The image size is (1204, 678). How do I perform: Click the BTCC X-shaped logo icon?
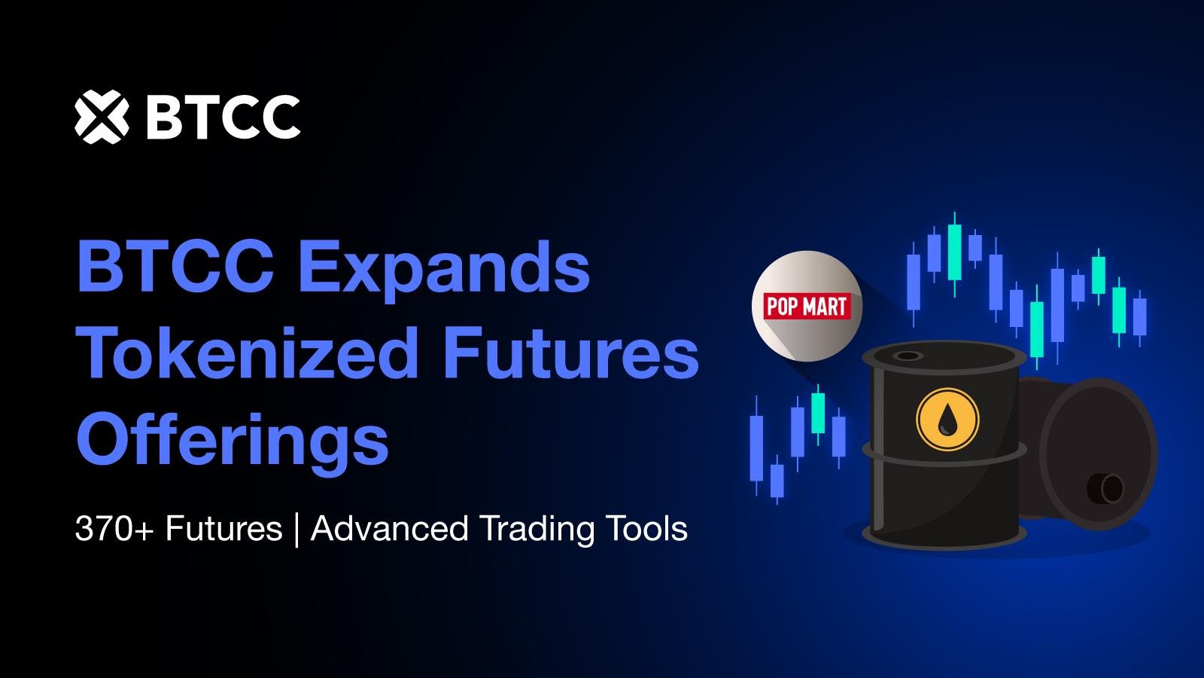(x=102, y=117)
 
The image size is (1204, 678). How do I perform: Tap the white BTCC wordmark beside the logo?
(x=223, y=118)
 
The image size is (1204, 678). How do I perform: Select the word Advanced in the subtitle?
(x=390, y=528)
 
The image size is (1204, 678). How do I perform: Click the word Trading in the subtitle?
(x=537, y=529)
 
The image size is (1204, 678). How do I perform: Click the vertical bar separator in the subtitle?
(x=296, y=530)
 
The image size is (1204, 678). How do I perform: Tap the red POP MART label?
(x=807, y=306)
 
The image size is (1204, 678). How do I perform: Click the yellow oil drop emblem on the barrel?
(x=947, y=419)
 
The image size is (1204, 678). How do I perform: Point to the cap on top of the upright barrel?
(x=908, y=356)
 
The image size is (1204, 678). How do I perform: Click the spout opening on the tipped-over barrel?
(x=1106, y=488)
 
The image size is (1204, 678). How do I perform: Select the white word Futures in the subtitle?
(x=223, y=528)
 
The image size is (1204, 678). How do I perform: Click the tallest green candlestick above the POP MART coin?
(x=955, y=253)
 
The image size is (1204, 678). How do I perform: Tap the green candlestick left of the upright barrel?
(x=817, y=414)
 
